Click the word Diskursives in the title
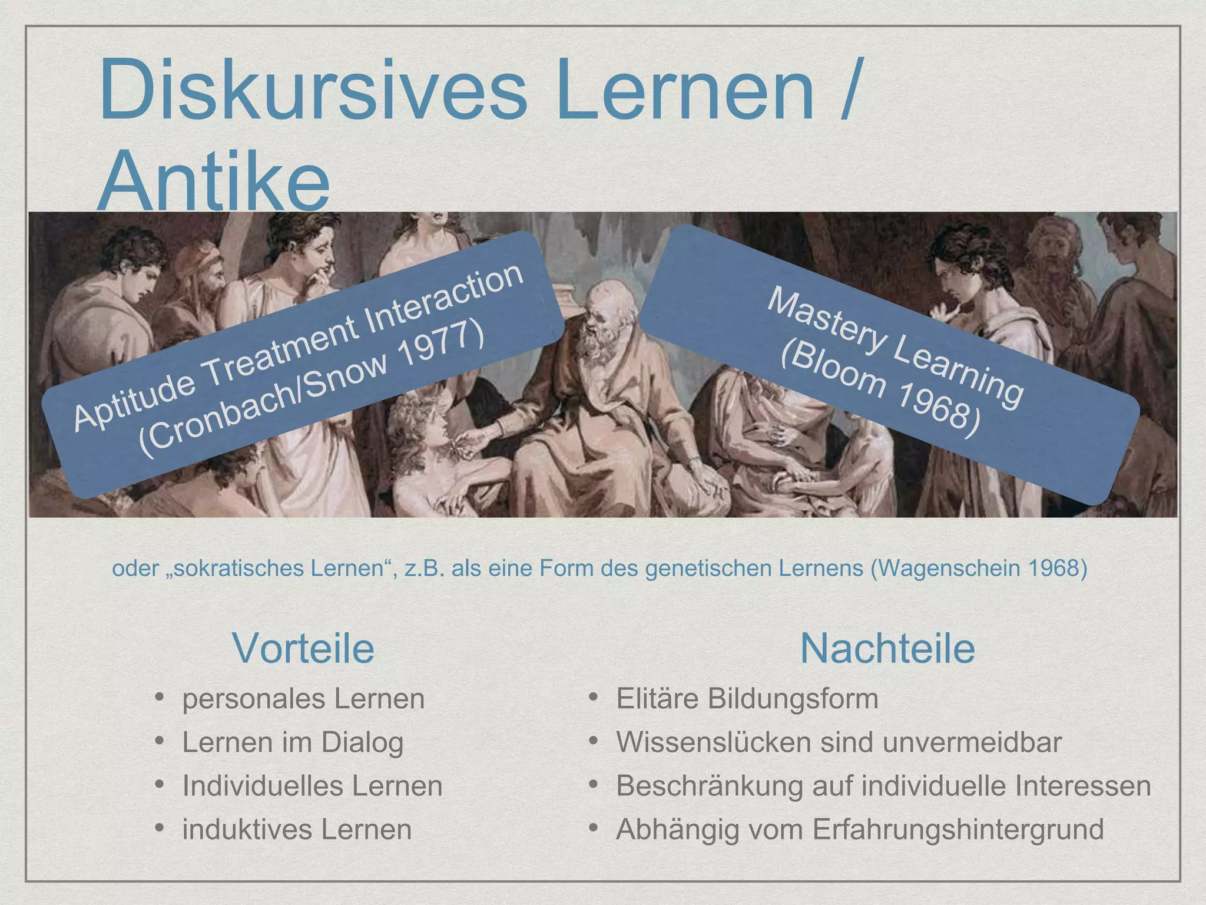point(313,90)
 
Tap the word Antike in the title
point(213,180)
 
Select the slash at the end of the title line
point(849,90)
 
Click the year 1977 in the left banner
point(441,350)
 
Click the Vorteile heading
point(303,648)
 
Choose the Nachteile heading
point(887,648)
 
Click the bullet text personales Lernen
point(303,699)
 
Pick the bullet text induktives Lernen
point(297,829)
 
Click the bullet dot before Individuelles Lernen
point(160,785)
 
